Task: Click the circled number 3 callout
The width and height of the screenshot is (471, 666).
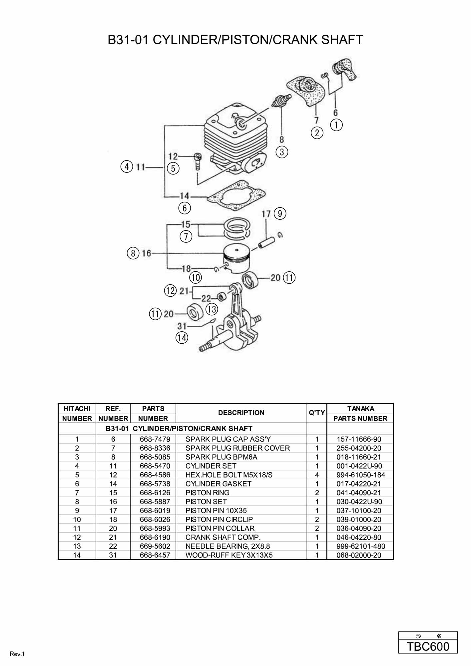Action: [282, 152]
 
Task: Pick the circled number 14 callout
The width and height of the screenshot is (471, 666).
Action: [182, 338]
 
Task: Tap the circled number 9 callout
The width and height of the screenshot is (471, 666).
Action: [280, 213]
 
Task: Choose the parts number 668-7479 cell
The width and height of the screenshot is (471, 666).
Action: [155, 439]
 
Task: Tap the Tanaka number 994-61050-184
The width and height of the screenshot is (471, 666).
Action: [360, 475]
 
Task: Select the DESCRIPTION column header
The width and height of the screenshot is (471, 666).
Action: [241, 413]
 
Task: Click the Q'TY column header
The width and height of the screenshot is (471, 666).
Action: [317, 413]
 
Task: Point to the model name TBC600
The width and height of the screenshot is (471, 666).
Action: [428, 646]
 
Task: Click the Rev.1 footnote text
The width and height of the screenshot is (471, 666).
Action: [17, 654]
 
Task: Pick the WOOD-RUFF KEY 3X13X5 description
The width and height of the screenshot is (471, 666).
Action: [229, 555]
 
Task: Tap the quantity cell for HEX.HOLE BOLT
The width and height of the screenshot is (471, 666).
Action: [317, 475]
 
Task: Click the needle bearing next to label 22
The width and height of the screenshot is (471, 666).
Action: [220, 296]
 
